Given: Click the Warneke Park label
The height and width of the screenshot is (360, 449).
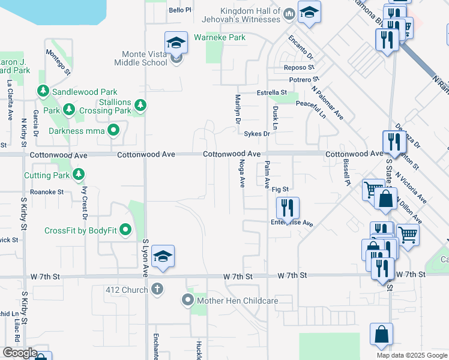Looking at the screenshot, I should pos(220,37).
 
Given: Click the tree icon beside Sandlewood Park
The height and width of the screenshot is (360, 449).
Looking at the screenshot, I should pos(43,91).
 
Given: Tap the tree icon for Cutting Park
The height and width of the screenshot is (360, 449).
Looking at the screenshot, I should pos(78,175).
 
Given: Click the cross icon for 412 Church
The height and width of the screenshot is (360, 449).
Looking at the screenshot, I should pos(157,289).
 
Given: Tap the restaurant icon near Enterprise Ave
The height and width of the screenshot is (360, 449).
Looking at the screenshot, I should pos(288,208).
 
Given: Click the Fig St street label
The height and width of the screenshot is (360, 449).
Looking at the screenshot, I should pos(280,190).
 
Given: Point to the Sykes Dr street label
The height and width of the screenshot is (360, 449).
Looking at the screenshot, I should pos(258,134).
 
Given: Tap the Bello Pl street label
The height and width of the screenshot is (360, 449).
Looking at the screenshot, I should pos(179,10).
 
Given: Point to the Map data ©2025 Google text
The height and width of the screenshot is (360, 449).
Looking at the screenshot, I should pos(411,355).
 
